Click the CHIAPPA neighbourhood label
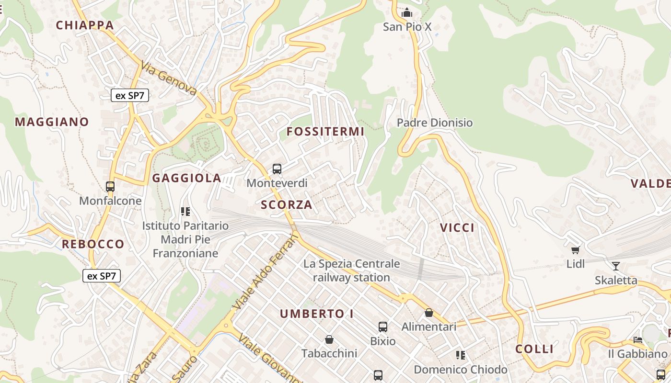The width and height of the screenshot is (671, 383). click(x=85, y=25)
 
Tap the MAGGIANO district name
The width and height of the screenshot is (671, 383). click(x=52, y=122)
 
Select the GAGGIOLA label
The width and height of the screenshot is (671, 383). click(x=186, y=179)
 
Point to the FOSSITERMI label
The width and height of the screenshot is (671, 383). click(x=325, y=132)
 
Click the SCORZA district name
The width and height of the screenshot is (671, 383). click(x=286, y=205)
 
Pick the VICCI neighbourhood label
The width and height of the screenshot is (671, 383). click(x=457, y=228)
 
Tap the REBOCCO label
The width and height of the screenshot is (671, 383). click(x=93, y=244)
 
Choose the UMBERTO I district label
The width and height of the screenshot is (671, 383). click(x=317, y=314)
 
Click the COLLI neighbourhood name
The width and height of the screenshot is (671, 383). click(x=534, y=349)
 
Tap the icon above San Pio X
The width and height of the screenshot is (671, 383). click(x=407, y=12)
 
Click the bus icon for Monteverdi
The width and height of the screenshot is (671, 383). click(x=277, y=169)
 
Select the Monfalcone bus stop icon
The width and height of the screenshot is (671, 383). click(x=110, y=187)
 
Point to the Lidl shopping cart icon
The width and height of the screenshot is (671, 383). click(x=575, y=250)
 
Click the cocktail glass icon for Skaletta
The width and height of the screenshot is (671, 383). click(x=616, y=266)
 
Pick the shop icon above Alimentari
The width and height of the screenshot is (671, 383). click(x=429, y=313)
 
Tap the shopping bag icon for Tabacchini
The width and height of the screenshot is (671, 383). click(x=329, y=339)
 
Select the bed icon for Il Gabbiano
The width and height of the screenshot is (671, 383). click(x=637, y=340)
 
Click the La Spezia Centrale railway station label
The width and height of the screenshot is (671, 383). click(x=351, y=270)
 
